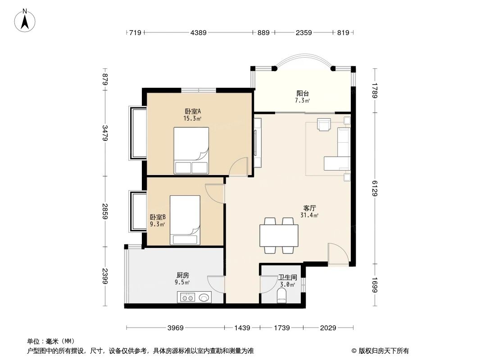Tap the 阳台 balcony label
(x=302, y=94)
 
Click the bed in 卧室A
(x=191, y=150)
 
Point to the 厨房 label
(x=182, y=275)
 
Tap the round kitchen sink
(x=204, y=297)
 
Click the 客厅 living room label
(x=309, y=208)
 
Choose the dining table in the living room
(x=278, y=235)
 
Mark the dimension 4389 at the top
(x=198, y=32)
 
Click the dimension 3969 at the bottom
(x=176, y=328)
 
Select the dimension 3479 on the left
(x=105, y=133)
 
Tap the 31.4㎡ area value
(x=309, y=216)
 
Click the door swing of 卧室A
(x=238, y=166)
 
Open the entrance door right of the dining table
(x=338, y=254)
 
